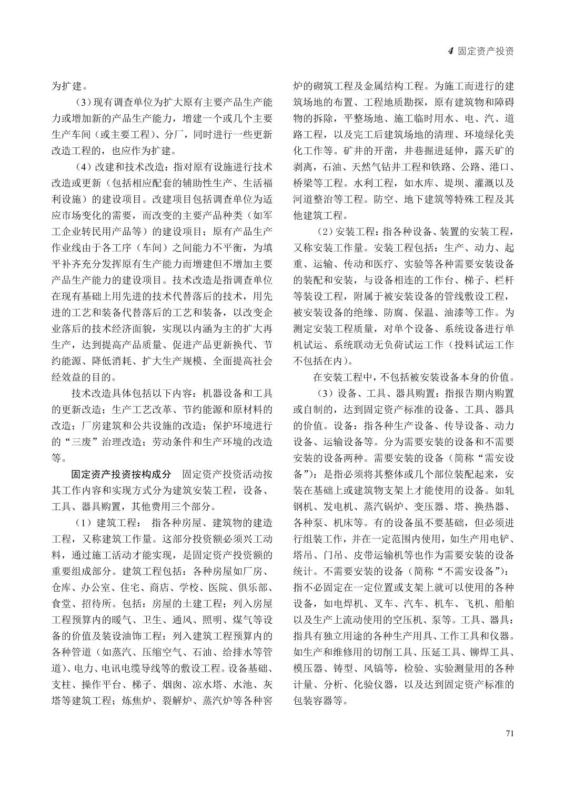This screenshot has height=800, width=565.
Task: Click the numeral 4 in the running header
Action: coord(450,51)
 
